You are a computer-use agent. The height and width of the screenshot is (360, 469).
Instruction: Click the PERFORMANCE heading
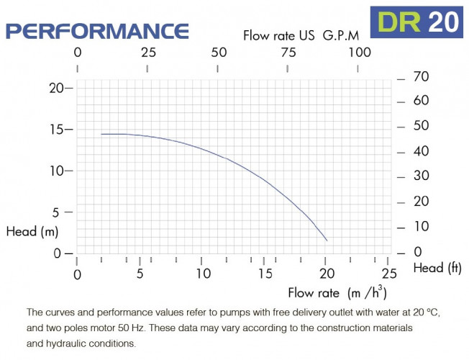97,31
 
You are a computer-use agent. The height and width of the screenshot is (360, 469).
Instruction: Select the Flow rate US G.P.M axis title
300,35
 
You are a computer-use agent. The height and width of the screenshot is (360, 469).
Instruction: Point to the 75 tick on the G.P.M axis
288,52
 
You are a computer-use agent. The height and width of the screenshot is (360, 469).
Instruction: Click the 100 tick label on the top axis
359,52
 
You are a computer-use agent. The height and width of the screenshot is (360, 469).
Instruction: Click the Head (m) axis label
32,232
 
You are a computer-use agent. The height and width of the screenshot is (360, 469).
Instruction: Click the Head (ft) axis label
437,268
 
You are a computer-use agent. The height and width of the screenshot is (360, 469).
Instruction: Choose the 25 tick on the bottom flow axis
389,274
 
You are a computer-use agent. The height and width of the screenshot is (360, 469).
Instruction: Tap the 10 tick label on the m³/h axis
204,274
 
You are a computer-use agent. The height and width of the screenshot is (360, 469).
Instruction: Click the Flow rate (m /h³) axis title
337,292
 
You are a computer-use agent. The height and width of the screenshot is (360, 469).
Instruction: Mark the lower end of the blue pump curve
327,240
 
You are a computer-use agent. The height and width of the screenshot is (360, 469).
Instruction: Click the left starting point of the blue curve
101,134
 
